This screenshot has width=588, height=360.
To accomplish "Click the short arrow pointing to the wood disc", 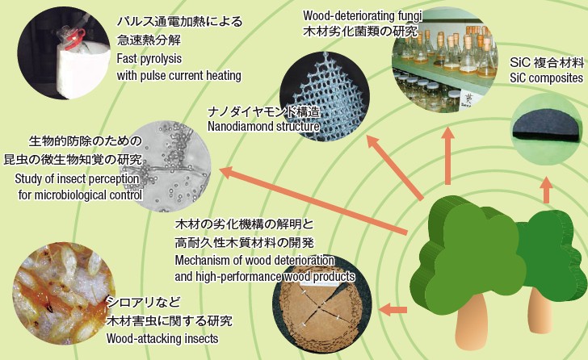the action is tap(393, 310).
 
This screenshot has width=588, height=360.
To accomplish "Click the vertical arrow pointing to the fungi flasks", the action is tap(447, 156).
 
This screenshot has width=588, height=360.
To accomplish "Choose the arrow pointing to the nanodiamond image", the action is tap(395, 168).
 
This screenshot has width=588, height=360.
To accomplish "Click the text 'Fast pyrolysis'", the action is tap(149, 59).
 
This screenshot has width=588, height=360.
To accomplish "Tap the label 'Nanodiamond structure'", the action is tap(263, 126).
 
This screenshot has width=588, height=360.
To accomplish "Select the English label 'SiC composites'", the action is tap(546, 78).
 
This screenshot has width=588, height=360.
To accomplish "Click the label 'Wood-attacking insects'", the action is tap(162, 339).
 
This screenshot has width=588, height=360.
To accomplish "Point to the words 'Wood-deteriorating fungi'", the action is tap(363, 15).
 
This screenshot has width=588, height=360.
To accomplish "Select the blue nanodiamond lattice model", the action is tap(325, 95).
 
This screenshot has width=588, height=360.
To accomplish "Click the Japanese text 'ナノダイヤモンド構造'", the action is tap(264, 111).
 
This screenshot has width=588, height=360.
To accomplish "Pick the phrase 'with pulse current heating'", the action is tap(178, 76).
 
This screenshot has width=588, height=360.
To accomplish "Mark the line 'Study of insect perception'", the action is tap(77, 179).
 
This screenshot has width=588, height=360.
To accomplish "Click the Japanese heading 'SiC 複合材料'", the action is tap(547, 62).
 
